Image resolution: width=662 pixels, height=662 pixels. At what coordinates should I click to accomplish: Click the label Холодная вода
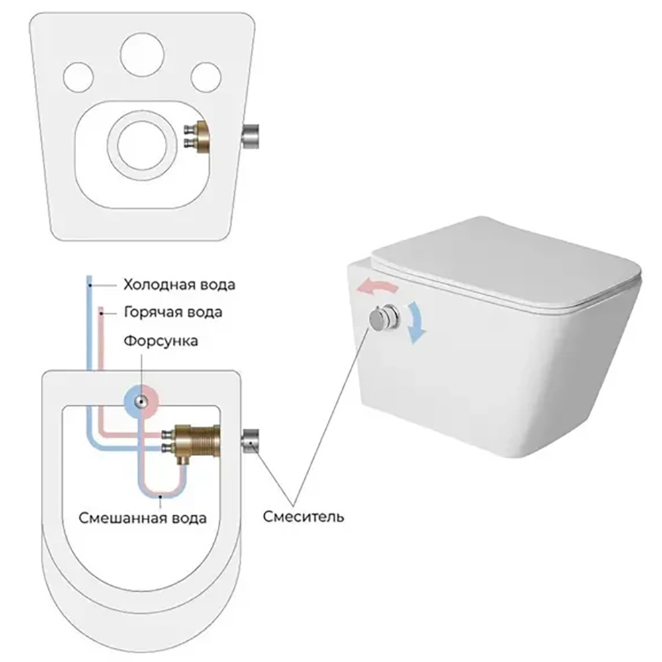pyautogui.click(x=179, y=285)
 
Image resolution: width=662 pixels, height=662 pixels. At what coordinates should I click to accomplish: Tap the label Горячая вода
pyautogui.click(x=172, y=311)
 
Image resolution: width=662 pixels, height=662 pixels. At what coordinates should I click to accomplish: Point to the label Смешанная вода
pyautogui.click(x=142, y=517)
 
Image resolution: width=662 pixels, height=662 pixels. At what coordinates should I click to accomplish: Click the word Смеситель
pyautogui.click(x=303, y=516)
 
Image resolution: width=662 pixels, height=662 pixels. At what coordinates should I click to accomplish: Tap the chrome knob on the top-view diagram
pyautogui.click(x=252, y=440)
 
